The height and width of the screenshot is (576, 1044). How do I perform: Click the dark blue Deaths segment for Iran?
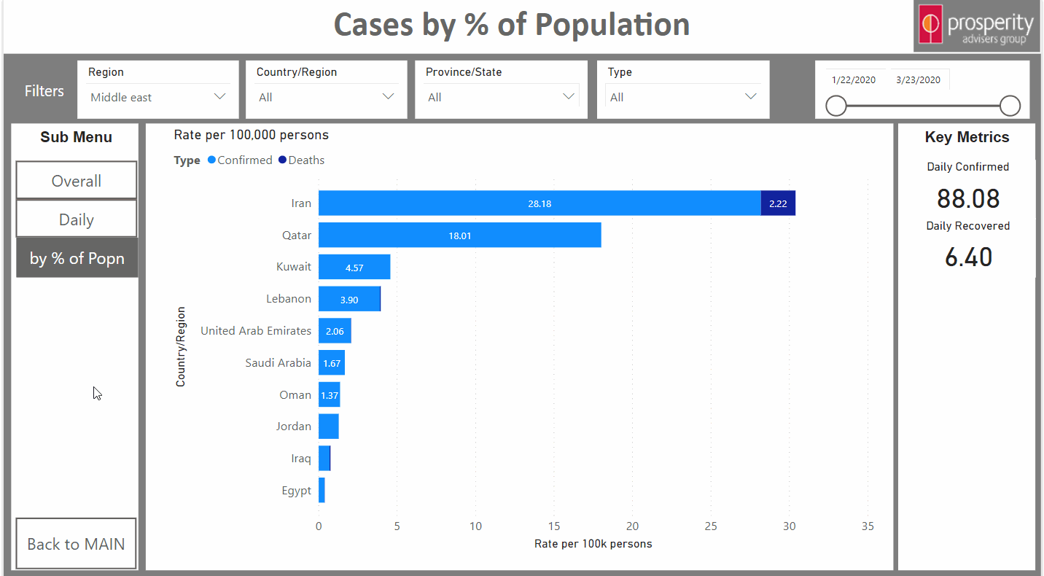[x=778, y=203]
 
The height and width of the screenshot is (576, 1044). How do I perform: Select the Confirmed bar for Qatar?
[x=459, y=236]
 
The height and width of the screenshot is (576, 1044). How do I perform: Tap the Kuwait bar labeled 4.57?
[x=354, y=268]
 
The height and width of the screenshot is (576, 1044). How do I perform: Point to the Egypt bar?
[x=322, y=491]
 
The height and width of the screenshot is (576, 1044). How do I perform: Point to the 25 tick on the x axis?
[x=711, y=526]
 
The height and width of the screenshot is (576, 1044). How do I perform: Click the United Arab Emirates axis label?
[x=256, y=331]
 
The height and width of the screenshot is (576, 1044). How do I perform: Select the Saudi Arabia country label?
[x=278, y=363]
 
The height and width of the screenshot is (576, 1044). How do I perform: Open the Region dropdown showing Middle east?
[x=157, y=98]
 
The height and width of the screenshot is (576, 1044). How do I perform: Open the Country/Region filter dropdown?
[x=326, y=98]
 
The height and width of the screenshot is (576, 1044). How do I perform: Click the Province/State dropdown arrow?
[x=569, y=97]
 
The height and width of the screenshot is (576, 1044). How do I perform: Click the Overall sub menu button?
[x=77, y=181]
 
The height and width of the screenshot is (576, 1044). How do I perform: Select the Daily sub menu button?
[x=77, y=219]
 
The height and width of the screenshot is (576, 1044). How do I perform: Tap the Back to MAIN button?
[x=76, y=544]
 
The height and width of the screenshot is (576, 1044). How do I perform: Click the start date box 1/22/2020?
[x=854, y=80]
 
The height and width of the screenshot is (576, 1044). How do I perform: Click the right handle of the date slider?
[x=1010, y=106]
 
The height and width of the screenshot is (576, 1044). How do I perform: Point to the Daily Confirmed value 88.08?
[x=967, y=198]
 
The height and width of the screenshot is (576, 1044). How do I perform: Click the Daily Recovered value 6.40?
[x=967, y=257]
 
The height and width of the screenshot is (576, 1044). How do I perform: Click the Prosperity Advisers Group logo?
[x=978, y=26]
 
